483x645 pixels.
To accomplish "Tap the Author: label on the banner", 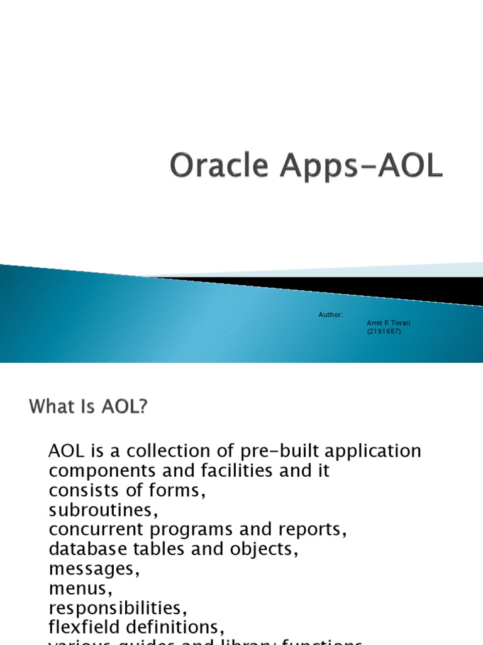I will click(x=331, y=314).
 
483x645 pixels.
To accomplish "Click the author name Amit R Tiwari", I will click(x=384, y=322).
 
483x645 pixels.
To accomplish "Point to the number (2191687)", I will click(x=383, y=331).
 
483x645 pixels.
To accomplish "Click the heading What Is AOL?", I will click(x=87, y=408).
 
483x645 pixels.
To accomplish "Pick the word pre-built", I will click(x=269, y=451).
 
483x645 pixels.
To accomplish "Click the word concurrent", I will click(x=95, y=530).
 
